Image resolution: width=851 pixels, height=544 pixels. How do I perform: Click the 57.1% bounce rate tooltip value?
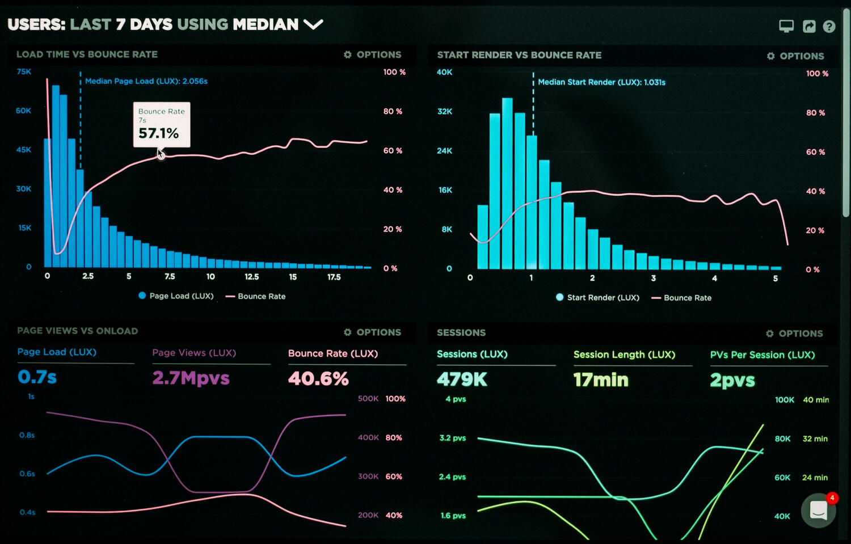(x=158, y=133)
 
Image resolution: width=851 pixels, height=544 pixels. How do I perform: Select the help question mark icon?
(x=829, y=27)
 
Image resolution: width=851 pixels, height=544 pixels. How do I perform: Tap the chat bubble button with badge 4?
(x=818, y=511)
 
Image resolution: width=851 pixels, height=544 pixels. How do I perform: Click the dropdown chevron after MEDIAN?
(x=313, y=24)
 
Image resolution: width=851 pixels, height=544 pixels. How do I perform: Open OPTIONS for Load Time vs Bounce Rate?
(x=373, y=55)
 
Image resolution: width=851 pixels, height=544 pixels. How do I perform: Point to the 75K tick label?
(x=24, y=71)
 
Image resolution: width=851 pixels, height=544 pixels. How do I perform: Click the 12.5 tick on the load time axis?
(x=251, y=277)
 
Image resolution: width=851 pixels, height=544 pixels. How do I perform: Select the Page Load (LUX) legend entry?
(x=176, y=296)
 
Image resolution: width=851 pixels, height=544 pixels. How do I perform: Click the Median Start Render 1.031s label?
(x=601, y=82)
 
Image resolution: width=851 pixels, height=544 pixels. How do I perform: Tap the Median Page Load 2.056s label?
(x=146, y=81)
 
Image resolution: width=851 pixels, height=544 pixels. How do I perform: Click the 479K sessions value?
(x=462, y=379)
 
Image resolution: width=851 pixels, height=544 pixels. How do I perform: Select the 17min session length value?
(x=601, y=379)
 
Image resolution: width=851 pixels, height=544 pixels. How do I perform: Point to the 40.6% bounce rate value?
(x=318, y=378)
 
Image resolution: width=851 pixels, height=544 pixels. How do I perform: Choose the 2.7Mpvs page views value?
(x=191, y=378)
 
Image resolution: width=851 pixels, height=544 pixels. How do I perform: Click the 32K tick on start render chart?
(x=444, y=111)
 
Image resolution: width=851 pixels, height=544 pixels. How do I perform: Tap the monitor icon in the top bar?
(x=786, y=26)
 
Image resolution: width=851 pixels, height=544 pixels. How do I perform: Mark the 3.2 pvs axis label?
(x=452, y=438)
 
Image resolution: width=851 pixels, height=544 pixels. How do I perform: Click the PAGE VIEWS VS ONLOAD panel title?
(x=77, y=331)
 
